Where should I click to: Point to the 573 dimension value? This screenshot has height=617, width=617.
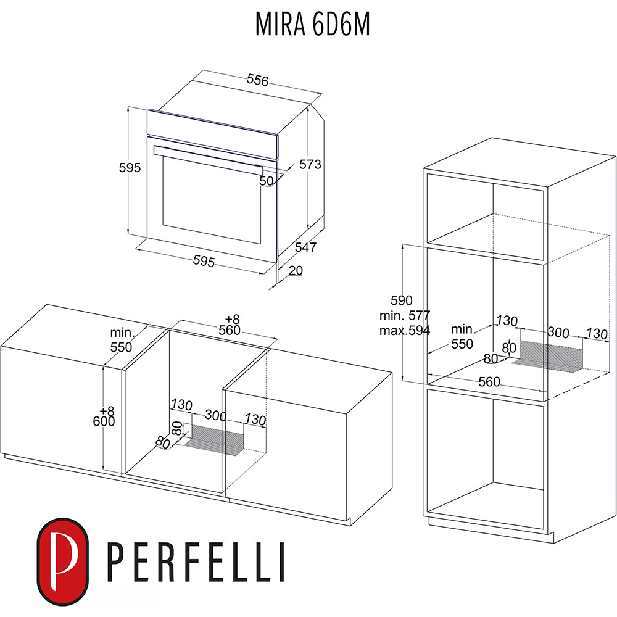[310, 165]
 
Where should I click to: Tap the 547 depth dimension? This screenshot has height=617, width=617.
[305, 247]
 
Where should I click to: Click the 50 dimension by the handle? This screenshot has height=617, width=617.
[266, 181]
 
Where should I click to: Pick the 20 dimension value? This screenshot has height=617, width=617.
[296, 270]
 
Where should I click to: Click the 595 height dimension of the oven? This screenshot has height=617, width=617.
[131, 168]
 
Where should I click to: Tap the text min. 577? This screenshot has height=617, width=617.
[405, 316]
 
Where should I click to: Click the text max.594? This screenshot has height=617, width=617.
[405, 330]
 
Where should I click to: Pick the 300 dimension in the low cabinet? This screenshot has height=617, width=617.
[216, 416]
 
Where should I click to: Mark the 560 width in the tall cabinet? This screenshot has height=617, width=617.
[489, 382]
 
